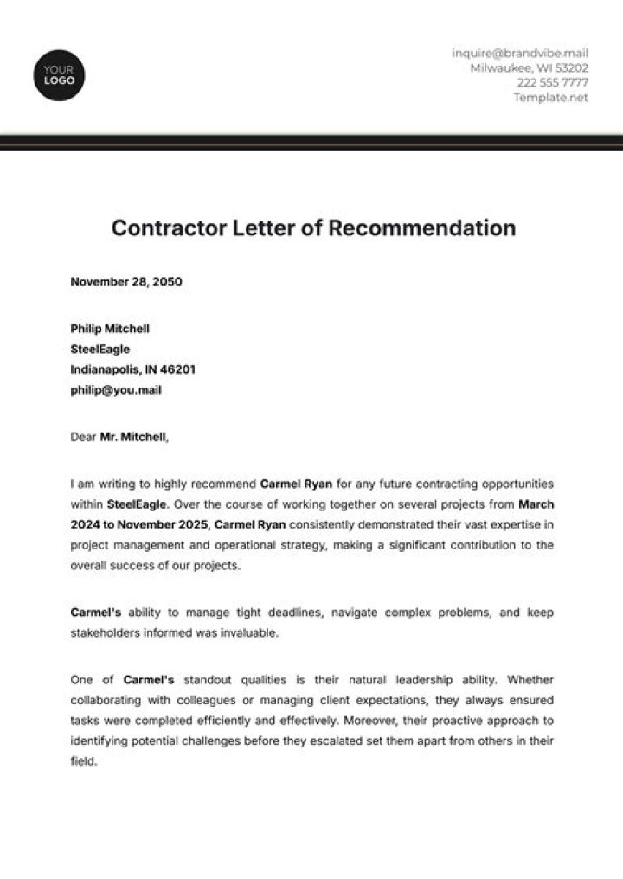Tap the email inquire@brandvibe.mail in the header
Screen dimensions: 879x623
pyautogui.click(x=519, y=53)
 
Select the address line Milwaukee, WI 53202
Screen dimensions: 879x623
pyautogui.click(x=529, y=67)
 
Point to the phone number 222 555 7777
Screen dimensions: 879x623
pyautogui.click(x=552, y=83)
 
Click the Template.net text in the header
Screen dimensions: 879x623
pyautogui.click(x=550, y=98)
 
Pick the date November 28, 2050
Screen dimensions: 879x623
pyautogui.click(x=126, y=281)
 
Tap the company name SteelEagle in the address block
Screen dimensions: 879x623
pyautogui.click(x=100, y=350)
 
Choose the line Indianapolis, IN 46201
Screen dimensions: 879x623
pyautogui.click(x=132, y=369)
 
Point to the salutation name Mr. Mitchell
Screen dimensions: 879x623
pyautogui.click(x=132, y=437)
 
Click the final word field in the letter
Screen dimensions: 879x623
pyautogui.click(x=83, y=762)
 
